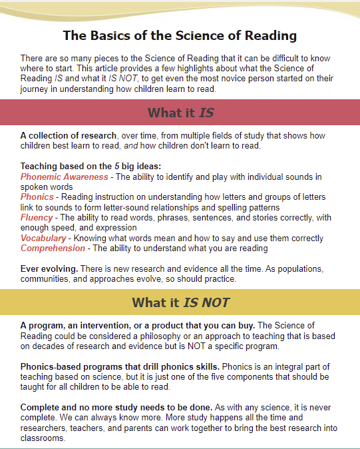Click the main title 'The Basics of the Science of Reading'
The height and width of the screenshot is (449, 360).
coord(180,35)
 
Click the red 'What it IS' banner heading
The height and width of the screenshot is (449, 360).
coord(180,112)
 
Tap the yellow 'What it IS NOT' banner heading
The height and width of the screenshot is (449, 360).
coord(180,303)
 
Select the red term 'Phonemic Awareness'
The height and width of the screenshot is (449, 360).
coord(64,177)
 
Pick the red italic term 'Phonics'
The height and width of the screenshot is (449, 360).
coord(37,197)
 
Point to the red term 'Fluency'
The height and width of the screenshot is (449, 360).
coord(37,218)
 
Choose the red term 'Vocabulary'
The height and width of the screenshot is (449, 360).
coord(43,238)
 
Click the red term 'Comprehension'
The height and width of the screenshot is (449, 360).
coord(53,248)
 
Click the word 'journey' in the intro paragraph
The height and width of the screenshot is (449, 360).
coord(36,89)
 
